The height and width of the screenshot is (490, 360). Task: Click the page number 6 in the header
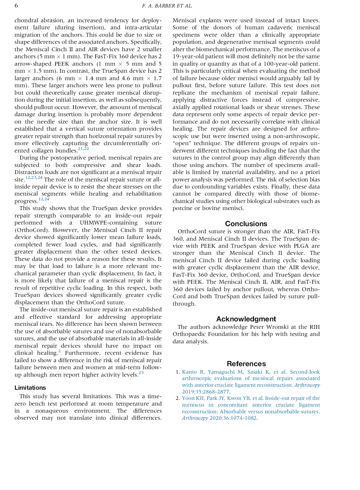click(x=16, y=6)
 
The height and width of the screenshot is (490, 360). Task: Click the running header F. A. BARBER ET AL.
click(x=167, y=6)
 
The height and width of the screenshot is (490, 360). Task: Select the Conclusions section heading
click(x=246, y=224)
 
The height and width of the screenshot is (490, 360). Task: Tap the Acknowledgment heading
click(x=246, y=319)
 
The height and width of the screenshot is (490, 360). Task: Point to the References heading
click(x=246, y=364)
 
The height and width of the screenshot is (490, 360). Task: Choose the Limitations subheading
click(x=30, y=388)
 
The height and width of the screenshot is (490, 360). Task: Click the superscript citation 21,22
click(x=83, y=149)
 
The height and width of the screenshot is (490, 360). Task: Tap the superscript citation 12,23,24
click(x=34, y=178)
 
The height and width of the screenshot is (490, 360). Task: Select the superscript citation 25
click(x=141, y=373)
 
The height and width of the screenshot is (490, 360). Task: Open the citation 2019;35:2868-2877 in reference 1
click(x=205, y=392)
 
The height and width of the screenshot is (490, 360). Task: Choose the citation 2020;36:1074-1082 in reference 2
click(x=233, y=418)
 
